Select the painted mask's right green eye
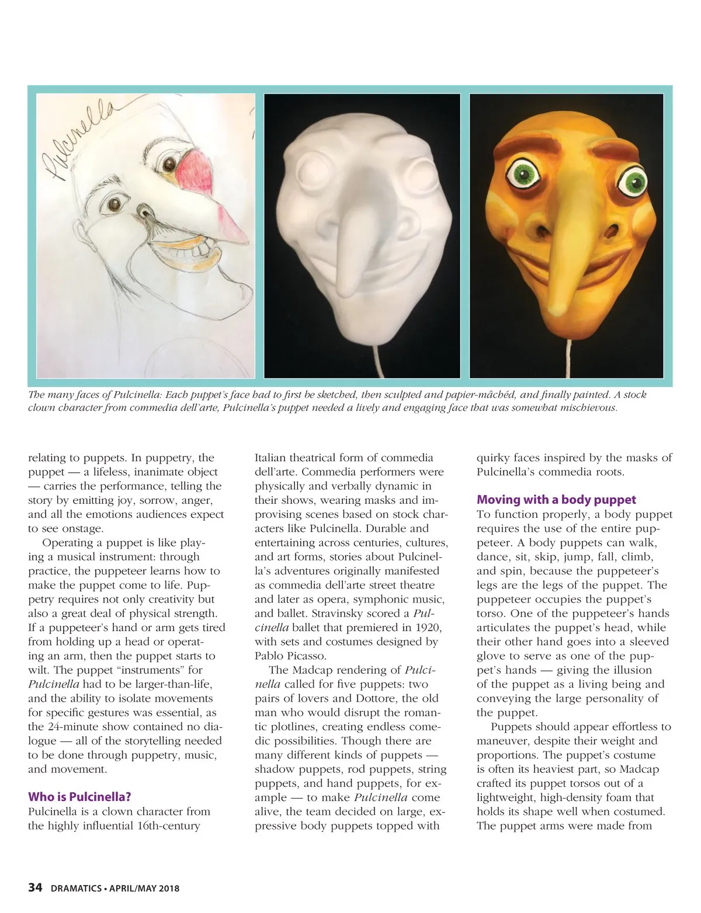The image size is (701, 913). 634,183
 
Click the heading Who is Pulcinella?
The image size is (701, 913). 79,797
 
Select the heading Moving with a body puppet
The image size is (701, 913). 556,500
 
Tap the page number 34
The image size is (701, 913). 35,888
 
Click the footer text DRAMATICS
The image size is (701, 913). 75,889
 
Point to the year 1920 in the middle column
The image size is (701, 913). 428,628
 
